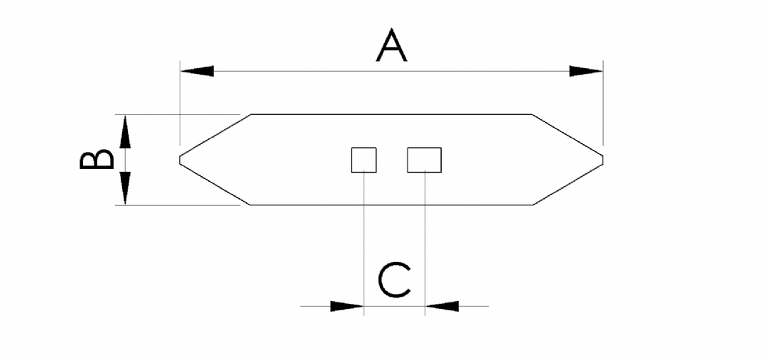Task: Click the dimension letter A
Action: pyautogui.click(x=391, y=45)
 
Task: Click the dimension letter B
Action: pyautogui.click(x=97, y=160)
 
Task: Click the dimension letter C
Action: pyautogui.click(x=394, y=280)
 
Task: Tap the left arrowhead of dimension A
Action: pyautogui.click(x=197, y=71)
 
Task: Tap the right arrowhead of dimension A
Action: pyautogui.click(x=586, y=71)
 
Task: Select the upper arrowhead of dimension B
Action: pyautogui.click(x=126, y=131)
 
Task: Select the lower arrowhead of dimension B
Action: pyautogui.click(x=126, y=188)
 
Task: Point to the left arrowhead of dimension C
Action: pyautogui.click(x=347, y=306)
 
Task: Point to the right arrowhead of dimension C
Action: pyautogui.click(x=442, y=306)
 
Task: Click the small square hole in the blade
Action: pyautogui.click(x=364, y=160)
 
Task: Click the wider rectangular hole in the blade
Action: pyautogui.click(x=425, y=160)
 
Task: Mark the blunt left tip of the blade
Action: pyautogui.click(x=180, y=160)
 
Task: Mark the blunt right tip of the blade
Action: pyautogui.click(x=603, y=160)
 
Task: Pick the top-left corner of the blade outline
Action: pyautogui.click(x=251, y=114)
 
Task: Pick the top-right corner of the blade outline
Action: pyautogui.click(x=532, y=114)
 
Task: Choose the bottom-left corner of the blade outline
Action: pyautogui.click(x=250, y=205)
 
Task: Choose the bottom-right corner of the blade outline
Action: pyautogui.click(x=533, y=205)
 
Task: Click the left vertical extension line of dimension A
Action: pyautogui.click(x=180, y=103)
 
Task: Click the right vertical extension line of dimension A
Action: pyautogui.click(x=603, y=103)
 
